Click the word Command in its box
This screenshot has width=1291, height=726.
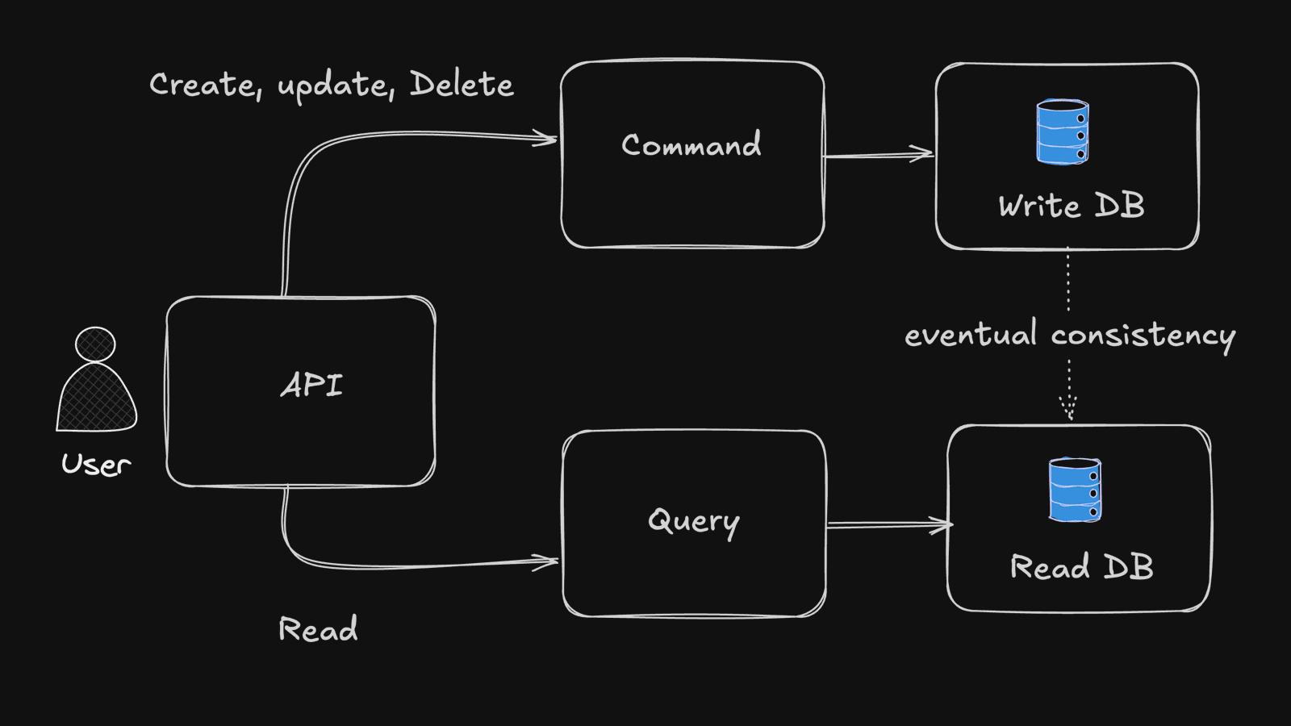[x=691, y=145]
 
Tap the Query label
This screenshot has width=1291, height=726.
[x=694, y=522]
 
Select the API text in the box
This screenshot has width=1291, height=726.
[x=311, y=385]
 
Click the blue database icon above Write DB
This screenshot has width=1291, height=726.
[x=1063, y=131]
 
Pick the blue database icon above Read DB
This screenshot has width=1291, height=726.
[x=1075, y=490]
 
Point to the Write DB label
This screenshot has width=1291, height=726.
[x=1072, y=206]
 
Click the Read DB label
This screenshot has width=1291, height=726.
[x=1082, y=567]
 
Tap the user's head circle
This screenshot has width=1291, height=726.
[x=95, y=344]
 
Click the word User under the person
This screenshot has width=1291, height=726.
[x=96, y=465]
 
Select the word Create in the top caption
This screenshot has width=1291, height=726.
[x=204, y=85]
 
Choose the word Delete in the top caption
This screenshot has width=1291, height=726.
[x=462, y=84]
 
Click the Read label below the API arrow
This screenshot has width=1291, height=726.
[x=318, y=629]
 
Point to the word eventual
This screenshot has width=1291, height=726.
[x=971, y=334]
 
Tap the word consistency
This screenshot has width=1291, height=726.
[x=1143, y=336]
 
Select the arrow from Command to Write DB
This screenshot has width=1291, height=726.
[x=878, y=154]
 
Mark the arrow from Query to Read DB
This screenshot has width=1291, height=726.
[x=888, y=525]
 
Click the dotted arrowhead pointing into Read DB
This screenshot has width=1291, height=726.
[x=1069, y=408]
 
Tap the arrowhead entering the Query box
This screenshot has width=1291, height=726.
[x=547, y=561]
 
